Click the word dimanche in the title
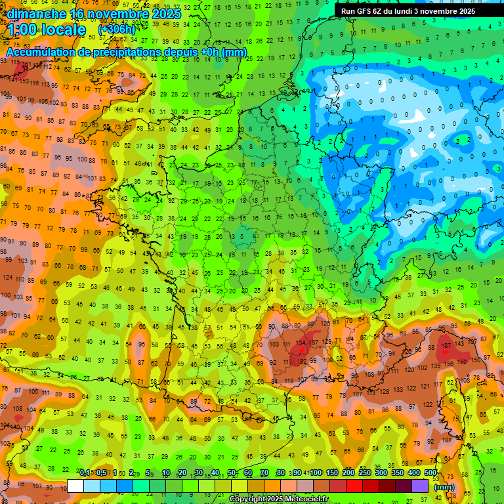tap(36, 13)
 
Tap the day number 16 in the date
tap(79, 13)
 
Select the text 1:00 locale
tap(47, 30)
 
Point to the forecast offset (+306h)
tap(116, 30)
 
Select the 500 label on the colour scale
tap(430, 473)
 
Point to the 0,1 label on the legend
tap(85, 473)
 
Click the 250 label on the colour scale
tap(365, 473)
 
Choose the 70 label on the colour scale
tap(264, 473)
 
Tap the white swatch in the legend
tap(75, 486)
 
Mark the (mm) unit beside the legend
tap(444, 487)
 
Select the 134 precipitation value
tap(301, 343)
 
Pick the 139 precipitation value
tap(434, 365)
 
